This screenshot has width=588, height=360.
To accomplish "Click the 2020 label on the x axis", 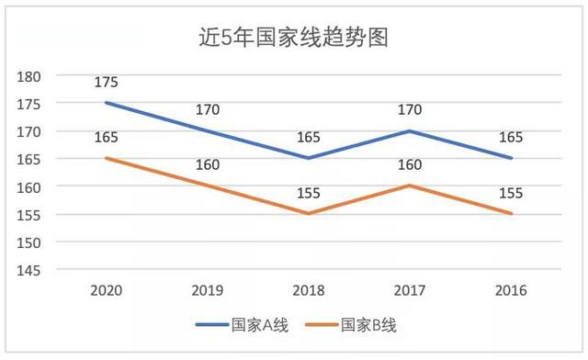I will click(x=106, y=291).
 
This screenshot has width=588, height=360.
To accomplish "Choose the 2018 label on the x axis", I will click(x=309, y=291).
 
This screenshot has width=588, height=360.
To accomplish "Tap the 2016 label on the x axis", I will click(x=511, y=291).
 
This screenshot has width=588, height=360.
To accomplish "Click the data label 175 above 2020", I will click(x=106, y=83).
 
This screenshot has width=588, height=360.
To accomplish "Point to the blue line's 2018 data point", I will click(x=309, y=158).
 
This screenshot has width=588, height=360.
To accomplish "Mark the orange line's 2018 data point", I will click(x=309, y=214).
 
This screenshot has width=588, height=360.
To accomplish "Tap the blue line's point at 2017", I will click(x=410, y=130).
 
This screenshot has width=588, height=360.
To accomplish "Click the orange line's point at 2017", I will click(x=410, y=186).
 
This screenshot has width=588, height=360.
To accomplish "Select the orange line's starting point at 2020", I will click(x=106, y=158).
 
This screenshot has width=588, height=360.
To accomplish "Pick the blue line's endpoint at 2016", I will click(x=511, y=158).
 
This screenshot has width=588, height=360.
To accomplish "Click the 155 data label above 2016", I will click(x=511, y=193).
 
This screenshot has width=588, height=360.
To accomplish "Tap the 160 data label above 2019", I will click(x=208, y=166).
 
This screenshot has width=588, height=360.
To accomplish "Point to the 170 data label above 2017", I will click(x=410, y=110).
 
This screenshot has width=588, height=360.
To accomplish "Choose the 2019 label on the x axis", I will click(x=208, y=291).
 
